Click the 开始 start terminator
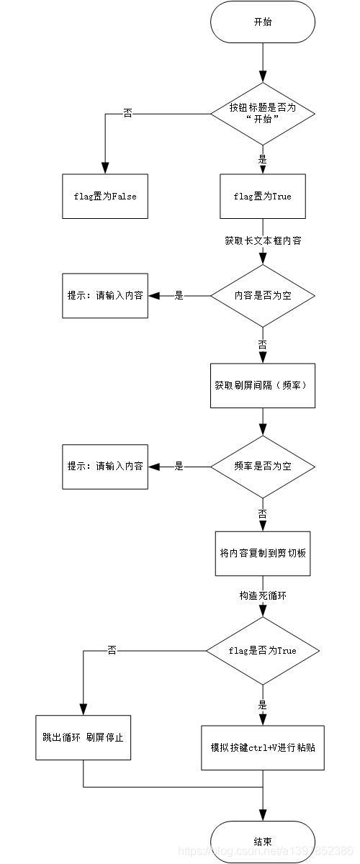tap(263, 22)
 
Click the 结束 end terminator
tap(263, 840)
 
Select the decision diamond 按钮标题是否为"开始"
tap(263, 113)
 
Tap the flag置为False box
tap(105, 196)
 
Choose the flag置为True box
tap(263, 196)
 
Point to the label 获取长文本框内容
tap(263, 240)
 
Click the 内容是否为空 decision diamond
tap(263, 296)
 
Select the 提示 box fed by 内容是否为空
tap(105, 296)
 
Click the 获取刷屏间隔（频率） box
tap(263, 385)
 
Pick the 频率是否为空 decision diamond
tap(263, 466)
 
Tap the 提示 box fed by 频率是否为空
tap(105, 466)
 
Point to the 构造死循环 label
tap(263, 596)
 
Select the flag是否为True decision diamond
tap(263, 650)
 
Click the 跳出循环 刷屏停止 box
tap(84, 737)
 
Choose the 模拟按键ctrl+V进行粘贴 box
tap(263, 747)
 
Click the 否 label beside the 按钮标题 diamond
tap(127, 113)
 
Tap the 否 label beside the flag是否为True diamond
tap(112, 650)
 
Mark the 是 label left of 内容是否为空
tap(179, 296)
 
